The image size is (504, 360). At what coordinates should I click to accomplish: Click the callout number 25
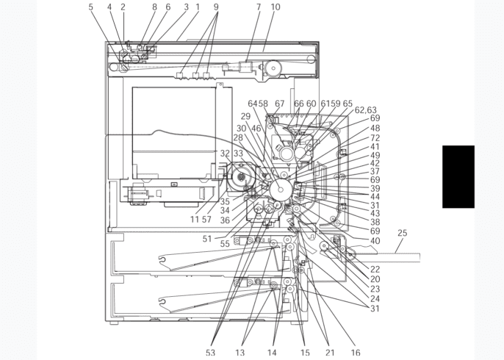tap(402, 233)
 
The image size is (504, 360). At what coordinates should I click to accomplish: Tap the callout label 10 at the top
tap(276, 7)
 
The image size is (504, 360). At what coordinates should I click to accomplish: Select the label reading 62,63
tap(365, 110)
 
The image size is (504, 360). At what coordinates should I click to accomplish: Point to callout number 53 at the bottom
tap(210, 353)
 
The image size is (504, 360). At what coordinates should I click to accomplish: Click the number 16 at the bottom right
tap(355, 353)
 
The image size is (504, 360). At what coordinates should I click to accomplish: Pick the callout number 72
tap(375, 138)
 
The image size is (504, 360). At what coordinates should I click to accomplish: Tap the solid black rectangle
tap(458, 176)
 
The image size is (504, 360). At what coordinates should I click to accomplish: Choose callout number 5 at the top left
tap(91, 7)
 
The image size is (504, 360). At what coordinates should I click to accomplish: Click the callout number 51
tap(207, 239)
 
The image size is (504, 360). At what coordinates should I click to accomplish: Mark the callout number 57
tap(206, 220)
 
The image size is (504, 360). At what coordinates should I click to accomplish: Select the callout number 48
tap(375, 128)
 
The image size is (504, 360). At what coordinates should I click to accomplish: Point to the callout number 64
tap(253, 104)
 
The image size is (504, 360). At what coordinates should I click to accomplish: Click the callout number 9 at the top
tap(216, 7)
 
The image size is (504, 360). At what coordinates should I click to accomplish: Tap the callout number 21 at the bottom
tap(330, 353)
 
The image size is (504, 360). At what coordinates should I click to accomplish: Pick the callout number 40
tap(375, 240)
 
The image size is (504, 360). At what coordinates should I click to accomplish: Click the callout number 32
tap(225, 154)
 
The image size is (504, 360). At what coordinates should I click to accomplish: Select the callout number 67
tap(280, 104)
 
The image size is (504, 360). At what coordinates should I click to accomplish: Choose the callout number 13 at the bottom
tap(240, 353)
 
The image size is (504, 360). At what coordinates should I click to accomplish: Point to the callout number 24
tap(375, 298)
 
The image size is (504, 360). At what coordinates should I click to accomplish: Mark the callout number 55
tap(225, 244)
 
